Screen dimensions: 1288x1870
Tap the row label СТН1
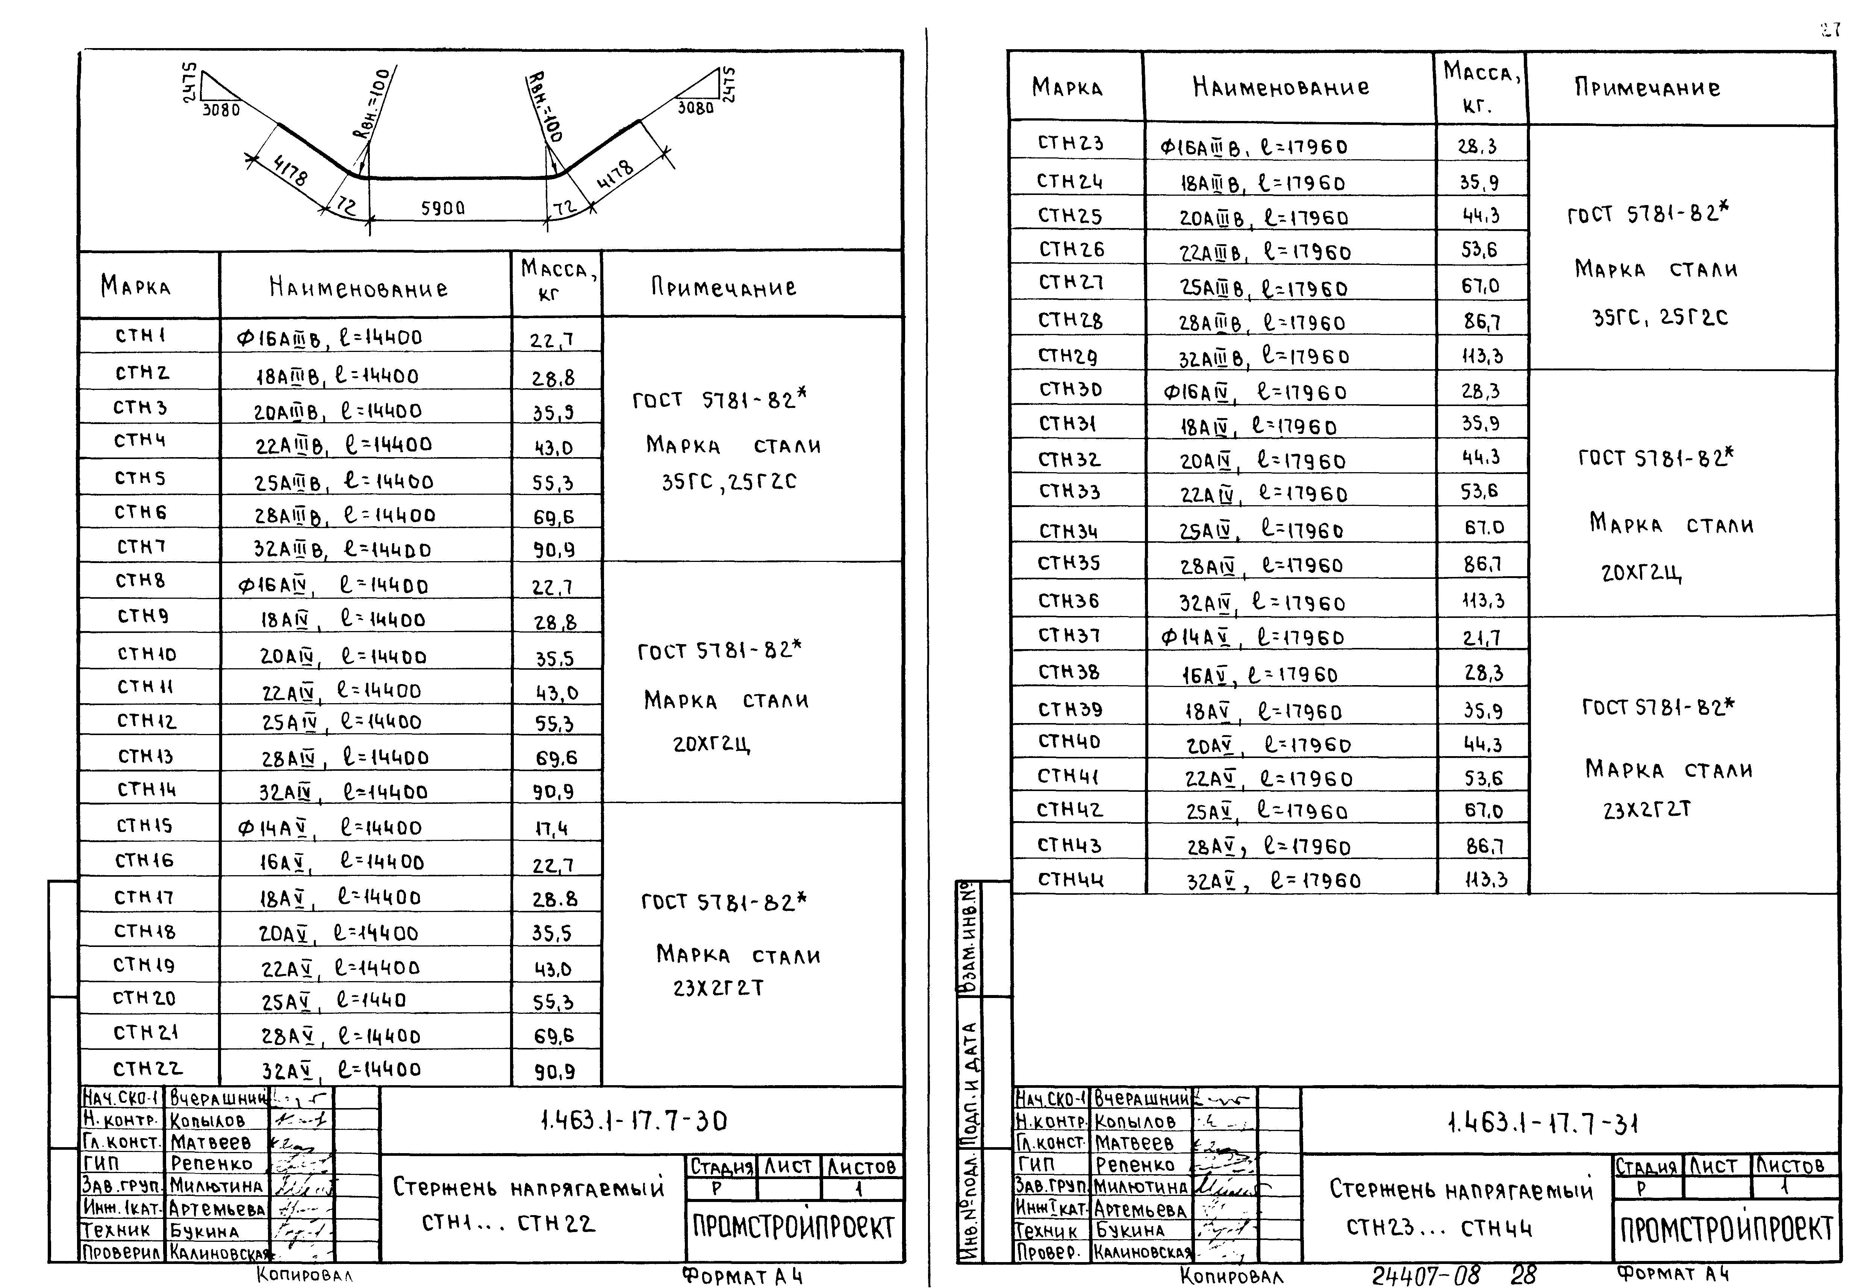(141, 335)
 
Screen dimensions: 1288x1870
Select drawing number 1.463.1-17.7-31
(1542, 1123)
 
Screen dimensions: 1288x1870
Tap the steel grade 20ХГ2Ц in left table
(711, 743)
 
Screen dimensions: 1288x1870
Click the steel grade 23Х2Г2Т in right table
(1647, 809)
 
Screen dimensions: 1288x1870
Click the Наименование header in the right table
(1281, 87)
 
